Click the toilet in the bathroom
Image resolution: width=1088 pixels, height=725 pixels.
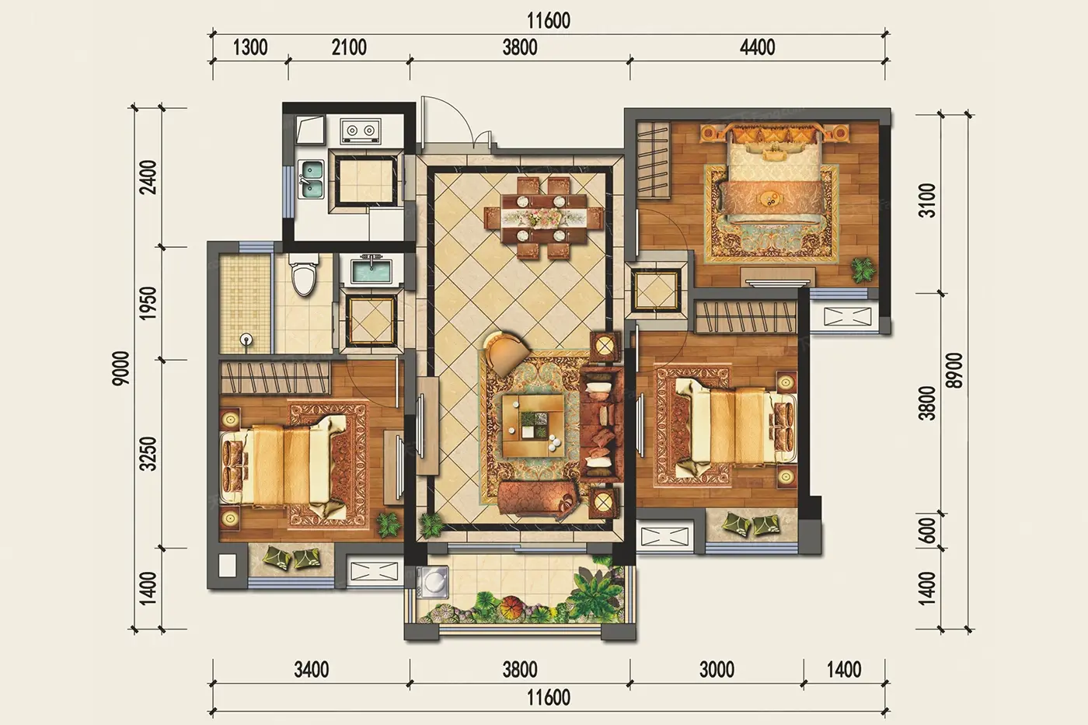304,274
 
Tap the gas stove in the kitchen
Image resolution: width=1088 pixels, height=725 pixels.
361,131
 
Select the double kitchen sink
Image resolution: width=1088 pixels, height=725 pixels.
312,180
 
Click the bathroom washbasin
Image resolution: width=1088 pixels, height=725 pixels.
371,270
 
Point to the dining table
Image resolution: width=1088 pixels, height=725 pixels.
544,217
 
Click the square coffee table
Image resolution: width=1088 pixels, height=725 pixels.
533,426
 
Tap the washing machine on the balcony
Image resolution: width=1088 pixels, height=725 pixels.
432,580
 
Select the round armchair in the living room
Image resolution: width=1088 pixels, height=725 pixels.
507,353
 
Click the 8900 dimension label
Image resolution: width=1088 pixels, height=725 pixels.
955,370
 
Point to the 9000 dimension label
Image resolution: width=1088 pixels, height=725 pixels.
121,368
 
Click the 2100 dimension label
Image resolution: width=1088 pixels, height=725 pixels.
349,47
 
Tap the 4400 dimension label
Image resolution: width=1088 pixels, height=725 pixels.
757,47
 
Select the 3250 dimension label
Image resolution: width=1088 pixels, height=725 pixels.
148,454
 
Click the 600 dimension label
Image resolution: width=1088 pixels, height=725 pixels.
927,531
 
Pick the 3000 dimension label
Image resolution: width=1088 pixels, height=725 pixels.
717,670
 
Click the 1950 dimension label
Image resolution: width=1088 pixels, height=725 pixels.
148,303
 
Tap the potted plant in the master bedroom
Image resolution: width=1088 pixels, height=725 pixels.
863,270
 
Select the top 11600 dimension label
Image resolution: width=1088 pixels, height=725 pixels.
549,21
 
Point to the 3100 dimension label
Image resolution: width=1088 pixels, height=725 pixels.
927,200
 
